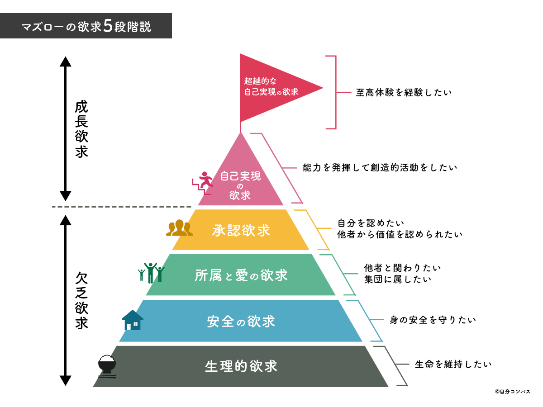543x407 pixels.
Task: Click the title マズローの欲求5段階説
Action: click(x=86, y=26)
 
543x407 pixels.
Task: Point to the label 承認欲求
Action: click(x=241, y=230)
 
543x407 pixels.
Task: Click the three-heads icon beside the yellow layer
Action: click(x=179, y=228)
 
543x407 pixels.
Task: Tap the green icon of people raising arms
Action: click(x=151, y=272)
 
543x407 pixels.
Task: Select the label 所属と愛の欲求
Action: click(x=241, y=275)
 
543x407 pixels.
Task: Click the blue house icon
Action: click(x=132, y=320)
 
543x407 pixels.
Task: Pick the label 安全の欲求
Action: click(x=241, y=321)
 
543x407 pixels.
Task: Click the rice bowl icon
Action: click(x=107, y=365)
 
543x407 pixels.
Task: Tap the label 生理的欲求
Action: click(x=241, y=366)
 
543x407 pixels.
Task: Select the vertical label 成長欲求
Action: click(x=82, y=129)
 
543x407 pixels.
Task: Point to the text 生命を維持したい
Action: click(x=453, y=364)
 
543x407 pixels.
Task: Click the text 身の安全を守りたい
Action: click(x=433, y=320)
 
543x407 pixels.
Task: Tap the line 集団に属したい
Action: click(x=398, y=279)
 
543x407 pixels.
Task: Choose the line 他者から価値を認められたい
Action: click(x=400, y=234)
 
